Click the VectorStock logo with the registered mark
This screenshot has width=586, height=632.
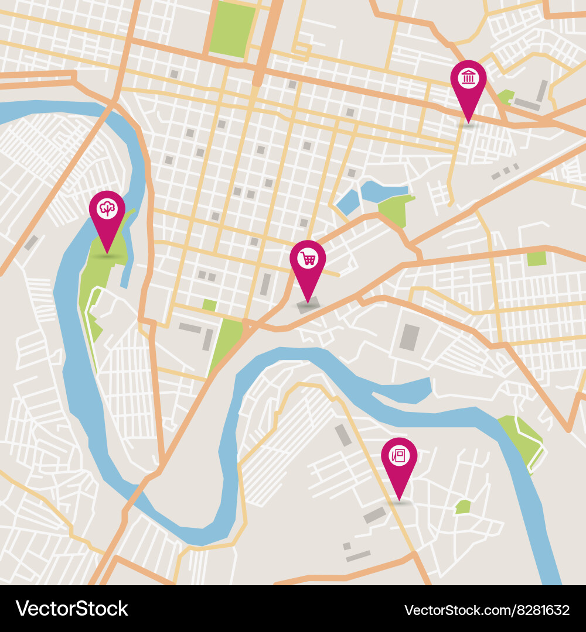pos(72,609)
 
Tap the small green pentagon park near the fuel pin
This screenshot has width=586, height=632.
pos(463,507)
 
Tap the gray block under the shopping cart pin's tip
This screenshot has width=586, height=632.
pos(308,304)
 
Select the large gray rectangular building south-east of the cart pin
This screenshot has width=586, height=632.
pos(410,337)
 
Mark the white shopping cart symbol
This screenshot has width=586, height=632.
pos(308,257)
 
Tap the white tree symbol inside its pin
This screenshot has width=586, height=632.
pos(107,208)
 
